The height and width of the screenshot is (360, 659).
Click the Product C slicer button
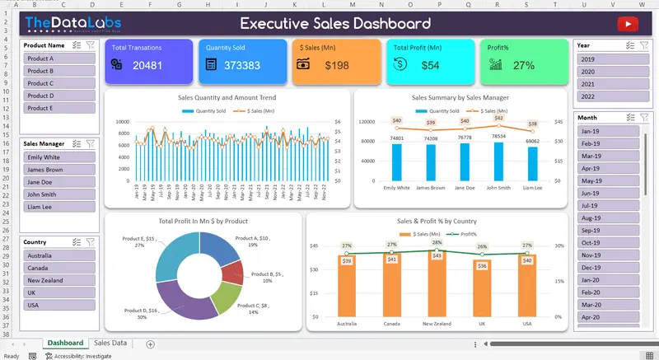point(58,83)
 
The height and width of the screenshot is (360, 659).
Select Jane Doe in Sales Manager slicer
point(58,182)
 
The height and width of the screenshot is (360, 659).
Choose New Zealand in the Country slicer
point(58,280)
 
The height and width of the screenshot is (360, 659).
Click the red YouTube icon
point(629,24)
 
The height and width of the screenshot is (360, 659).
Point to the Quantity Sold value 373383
point(241,65)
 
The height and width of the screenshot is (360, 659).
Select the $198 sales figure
point(337,65)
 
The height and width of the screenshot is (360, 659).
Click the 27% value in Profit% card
point(523,65)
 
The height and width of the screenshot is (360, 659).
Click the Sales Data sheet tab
point(110,343)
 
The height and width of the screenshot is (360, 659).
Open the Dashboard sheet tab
point(65,343)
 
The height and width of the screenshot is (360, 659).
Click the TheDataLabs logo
point(62,24)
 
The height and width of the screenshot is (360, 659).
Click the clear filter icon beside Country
point(91,242)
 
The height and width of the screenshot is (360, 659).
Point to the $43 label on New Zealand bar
point(437,255)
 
